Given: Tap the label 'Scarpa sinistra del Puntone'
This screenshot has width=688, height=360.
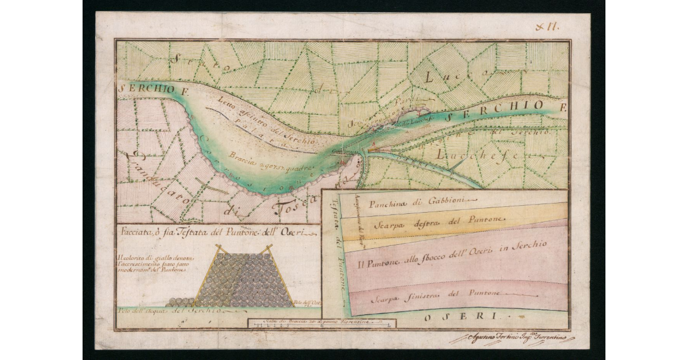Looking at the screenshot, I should (436, 295).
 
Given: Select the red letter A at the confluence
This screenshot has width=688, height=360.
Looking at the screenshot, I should (373, 143).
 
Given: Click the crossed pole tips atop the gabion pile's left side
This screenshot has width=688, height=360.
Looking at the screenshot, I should (218, 248).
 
